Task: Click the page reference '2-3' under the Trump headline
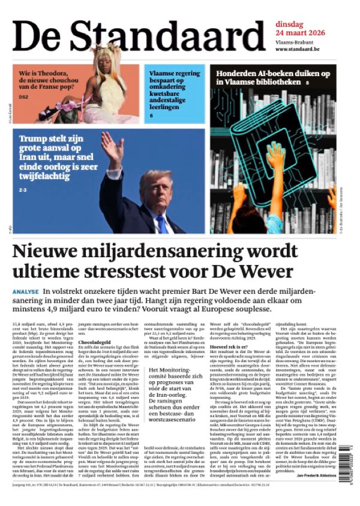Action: tap(23, 190)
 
